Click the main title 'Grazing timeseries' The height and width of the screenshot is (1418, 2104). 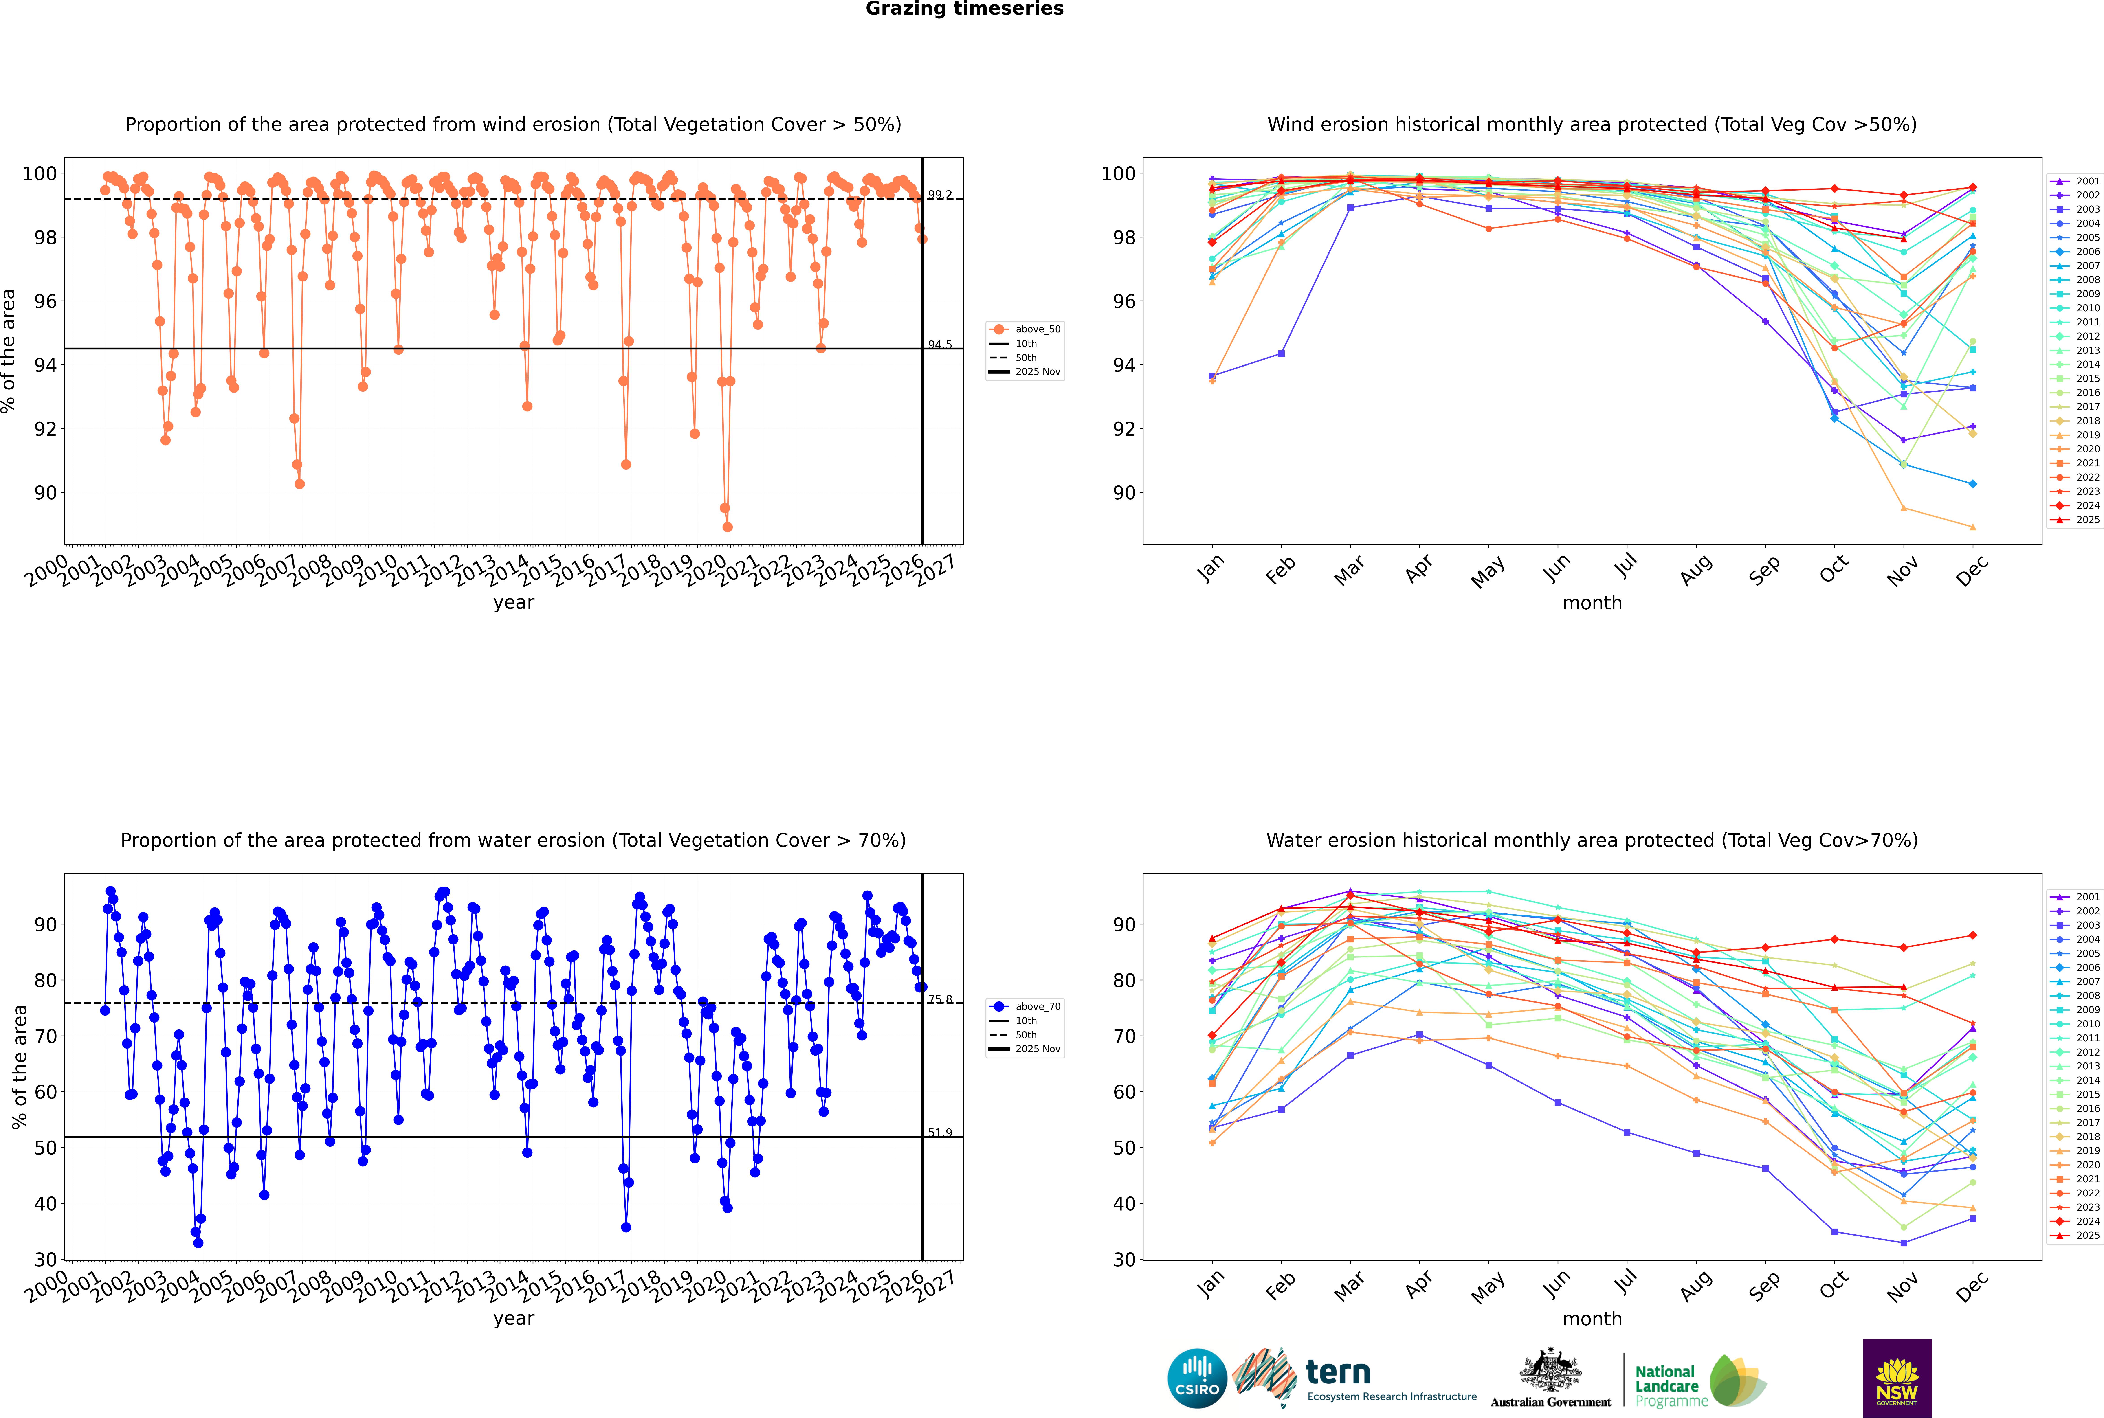[x=964, y=9]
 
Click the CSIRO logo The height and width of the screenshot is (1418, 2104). [x=1197, y=1378]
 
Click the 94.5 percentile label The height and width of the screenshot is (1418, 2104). [x=940, y=345]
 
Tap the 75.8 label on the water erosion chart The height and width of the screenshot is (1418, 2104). [x=940, y=999]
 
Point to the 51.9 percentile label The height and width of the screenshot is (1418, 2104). [x=940, y=1132]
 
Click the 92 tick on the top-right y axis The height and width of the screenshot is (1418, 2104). [x=1123, y=429]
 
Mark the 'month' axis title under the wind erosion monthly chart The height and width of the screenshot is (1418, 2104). [x=1592, y=603]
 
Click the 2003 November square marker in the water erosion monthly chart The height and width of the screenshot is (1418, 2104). [x=1903, y=1242]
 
